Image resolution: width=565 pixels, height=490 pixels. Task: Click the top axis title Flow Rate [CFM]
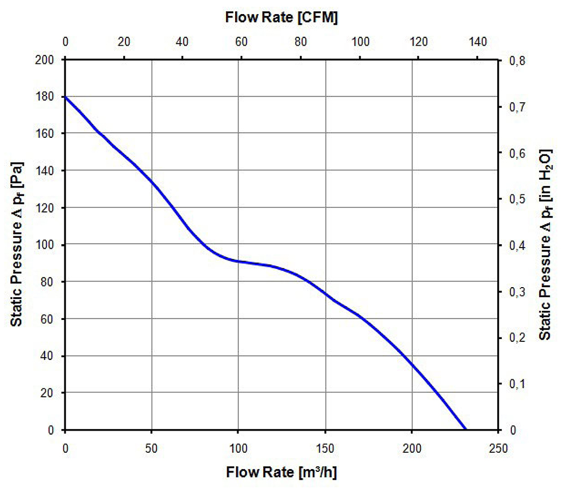[x=281, y=17]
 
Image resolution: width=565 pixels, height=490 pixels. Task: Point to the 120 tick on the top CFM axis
[x=419, y=42]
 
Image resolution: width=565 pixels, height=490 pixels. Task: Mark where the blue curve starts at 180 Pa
[x=66, y=97]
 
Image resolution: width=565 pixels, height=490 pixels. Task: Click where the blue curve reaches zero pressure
[x=466, y=430]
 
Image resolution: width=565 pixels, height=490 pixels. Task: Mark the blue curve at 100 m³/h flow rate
[x=238, y=261]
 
